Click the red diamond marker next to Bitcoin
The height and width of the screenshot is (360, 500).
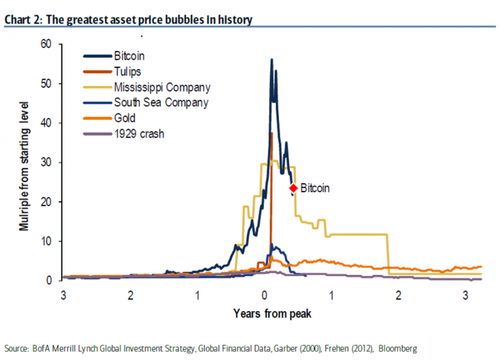(x=293, y=188)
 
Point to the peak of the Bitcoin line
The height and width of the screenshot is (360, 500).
(x=272, y=60)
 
